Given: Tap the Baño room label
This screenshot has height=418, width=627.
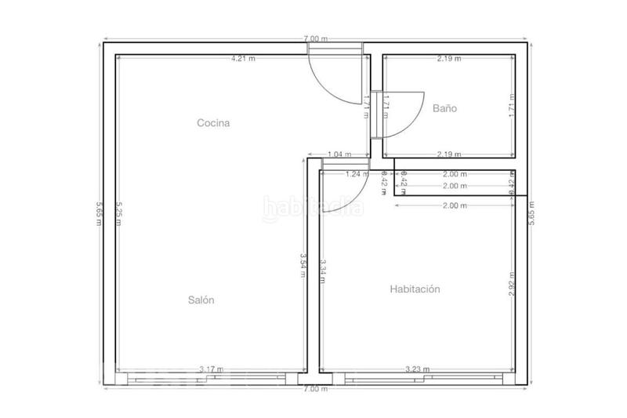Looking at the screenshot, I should click(444, 109).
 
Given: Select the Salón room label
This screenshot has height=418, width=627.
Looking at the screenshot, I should click(201, 300).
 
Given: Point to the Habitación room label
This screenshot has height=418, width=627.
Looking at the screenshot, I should click(415, 289).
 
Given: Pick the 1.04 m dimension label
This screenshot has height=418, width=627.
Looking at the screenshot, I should click(339, 154).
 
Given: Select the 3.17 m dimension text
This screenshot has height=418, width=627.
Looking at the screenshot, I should click(211, 369).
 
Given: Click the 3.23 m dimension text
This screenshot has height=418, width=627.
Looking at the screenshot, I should click(417, 369).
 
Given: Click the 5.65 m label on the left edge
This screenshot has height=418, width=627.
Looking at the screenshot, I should click(97, 212).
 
